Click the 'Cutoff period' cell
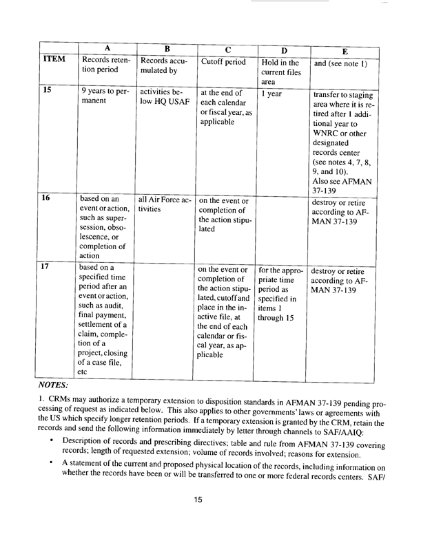223,65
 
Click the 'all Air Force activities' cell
163,205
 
